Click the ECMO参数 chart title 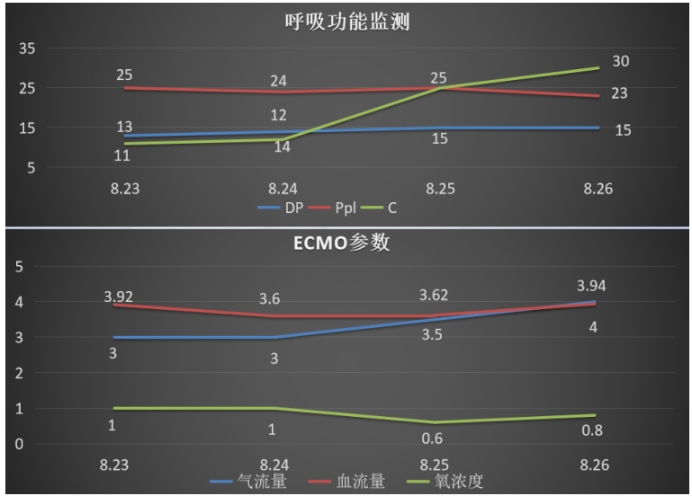click(x=346, y=244)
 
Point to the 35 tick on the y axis click(x=27, y=49)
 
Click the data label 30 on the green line click(x=620, y=61)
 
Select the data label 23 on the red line click(x=620, y=93)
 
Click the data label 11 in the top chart click(x=122, y=155)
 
